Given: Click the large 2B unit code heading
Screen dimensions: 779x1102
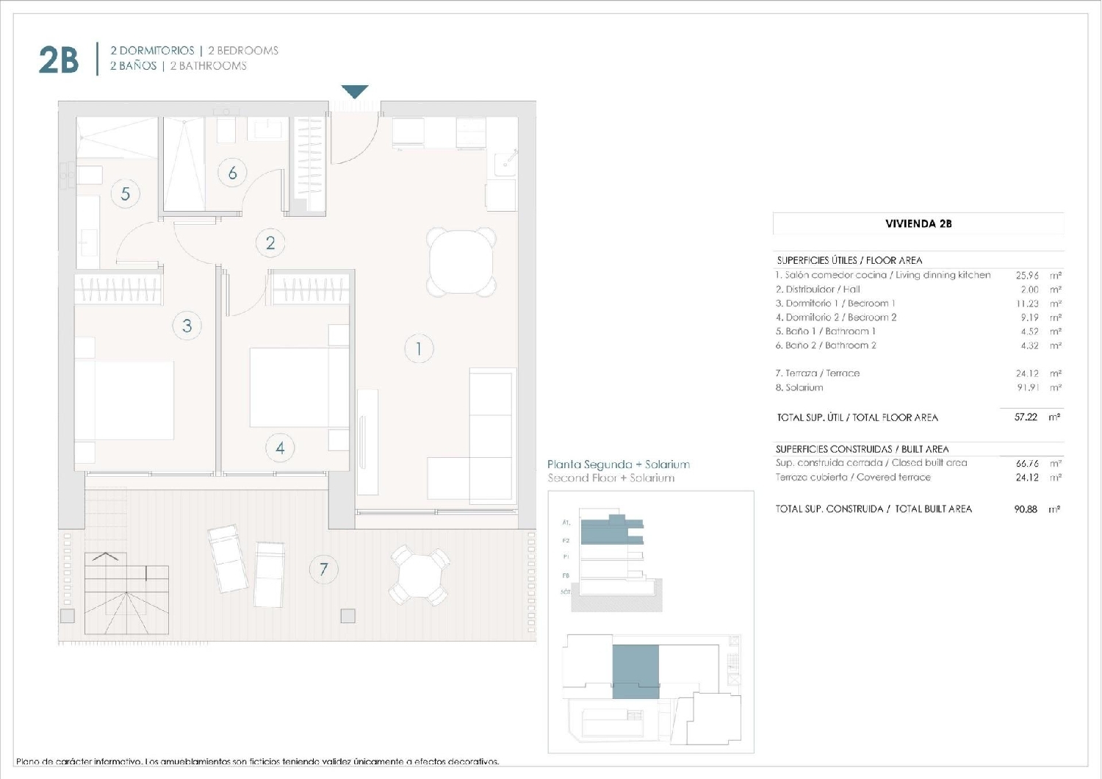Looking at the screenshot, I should pyautogui.click(x=58, y=60).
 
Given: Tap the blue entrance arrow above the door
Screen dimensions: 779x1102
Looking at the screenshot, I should pyautogui.click(x=355, y=92).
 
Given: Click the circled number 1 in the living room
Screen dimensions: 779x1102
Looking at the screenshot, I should pyautogui.click(x=419, y=348).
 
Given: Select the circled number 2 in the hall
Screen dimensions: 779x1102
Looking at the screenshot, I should pyautogui.click(x=270, y=243).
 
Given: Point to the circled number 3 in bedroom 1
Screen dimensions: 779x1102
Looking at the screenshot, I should pyautogui.click(x=187, y=326).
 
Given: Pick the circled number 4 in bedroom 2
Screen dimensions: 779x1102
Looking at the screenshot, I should pyautogui.click(x=280, y=448).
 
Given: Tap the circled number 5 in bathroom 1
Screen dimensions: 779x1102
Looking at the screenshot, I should pyautogui.click(x=126, y=194).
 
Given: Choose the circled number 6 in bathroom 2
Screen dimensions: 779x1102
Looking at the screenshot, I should pyautogui.click(x=232, y=173).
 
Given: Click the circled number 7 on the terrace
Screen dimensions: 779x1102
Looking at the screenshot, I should pyautogui.click(x=323, y=569).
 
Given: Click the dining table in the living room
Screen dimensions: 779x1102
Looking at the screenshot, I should pyautogui.click(x=461, y=262).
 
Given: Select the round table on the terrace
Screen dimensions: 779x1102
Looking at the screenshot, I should pyautogui.click(x=419, y=575).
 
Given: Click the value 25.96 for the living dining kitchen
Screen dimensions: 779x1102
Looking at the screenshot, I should pyautogui.click(x=1027, y=276).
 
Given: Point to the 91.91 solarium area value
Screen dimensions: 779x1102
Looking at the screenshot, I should pyautogui.click(x=1027, y=387).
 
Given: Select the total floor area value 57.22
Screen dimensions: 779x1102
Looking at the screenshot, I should pyautogui.click(x=1026, y=417).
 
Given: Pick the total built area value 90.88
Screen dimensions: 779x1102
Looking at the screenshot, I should pyautogui.click(x=1026, y=509).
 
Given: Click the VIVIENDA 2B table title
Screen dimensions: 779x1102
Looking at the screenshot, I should pyautogui.click(x=918, y=223).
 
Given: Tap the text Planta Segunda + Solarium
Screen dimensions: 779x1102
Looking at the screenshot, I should pyautogui.click(x=619, y=464).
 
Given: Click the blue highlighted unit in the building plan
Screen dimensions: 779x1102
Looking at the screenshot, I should pyautogui.click(x=635, y=671).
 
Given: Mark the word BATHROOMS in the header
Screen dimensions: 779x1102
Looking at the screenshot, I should pyautogui.click(x=213, y=66).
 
